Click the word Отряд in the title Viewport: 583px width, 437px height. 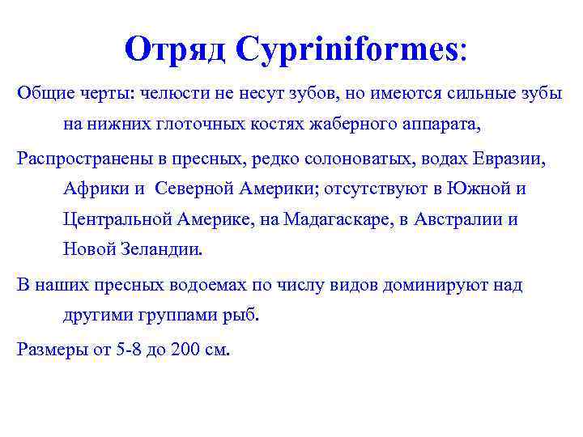[x=176, y=50]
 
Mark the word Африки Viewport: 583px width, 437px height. [x=93, y=189]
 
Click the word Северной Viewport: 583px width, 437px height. [x=195, y=189]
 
